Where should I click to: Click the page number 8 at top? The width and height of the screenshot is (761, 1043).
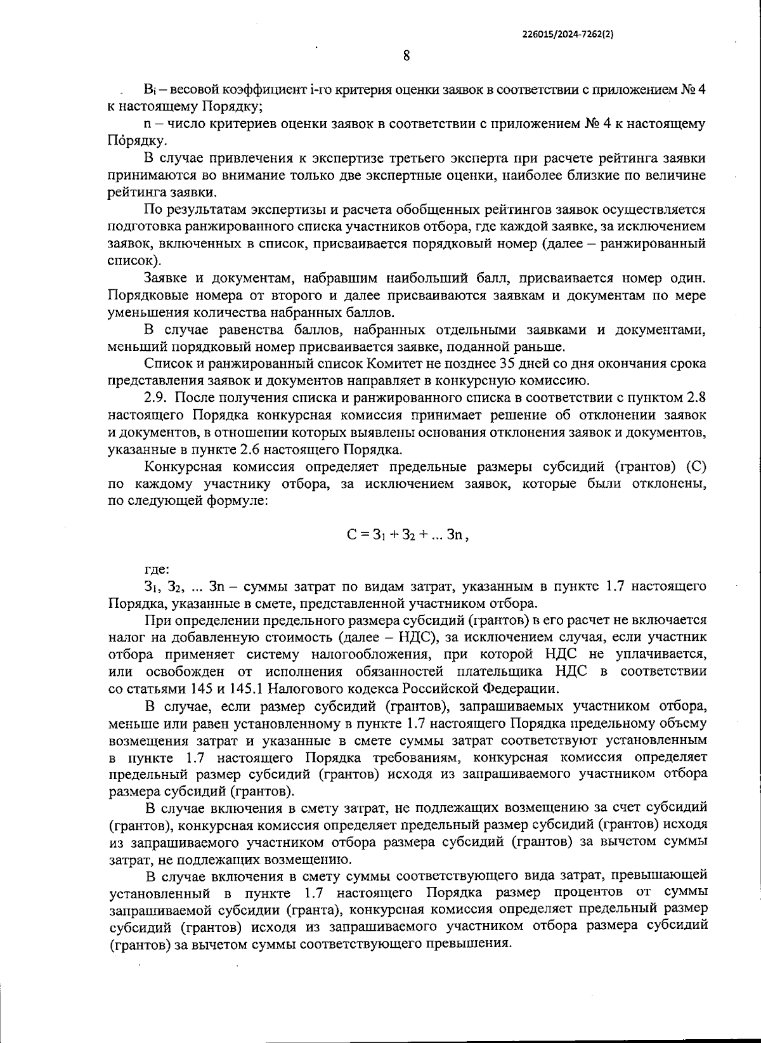pos(406,56)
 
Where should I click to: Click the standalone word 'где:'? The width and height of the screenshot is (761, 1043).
pos(156,569)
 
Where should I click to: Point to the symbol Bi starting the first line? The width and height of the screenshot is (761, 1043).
pos(150,89)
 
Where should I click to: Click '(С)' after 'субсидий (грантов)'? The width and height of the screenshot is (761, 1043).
pos(696,466)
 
